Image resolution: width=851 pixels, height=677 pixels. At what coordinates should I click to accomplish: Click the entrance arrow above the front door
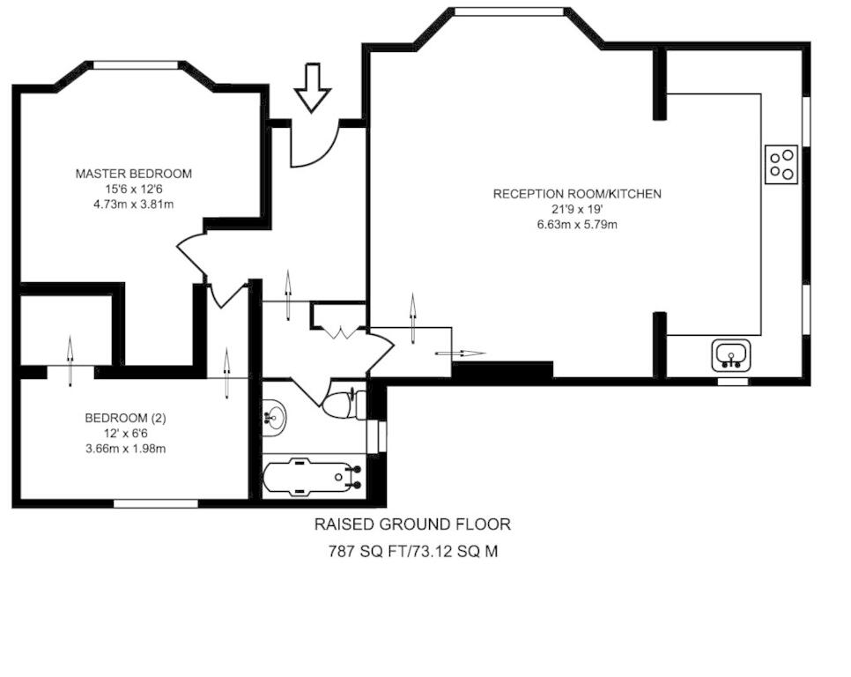pyautogui.click(x=312, y=87)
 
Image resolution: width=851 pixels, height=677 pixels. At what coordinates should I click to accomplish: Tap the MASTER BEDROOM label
pyautogui.click(x=134, y=174)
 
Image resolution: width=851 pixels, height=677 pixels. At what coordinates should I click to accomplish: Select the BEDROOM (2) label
pyautogui.click(x=125, y=418)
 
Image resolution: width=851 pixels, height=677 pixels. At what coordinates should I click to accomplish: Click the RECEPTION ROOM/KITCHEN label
pyautogui.click(x=577, y=194)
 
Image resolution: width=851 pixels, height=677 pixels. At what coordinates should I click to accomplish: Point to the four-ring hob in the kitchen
pyautogui.click(x=781, y=165)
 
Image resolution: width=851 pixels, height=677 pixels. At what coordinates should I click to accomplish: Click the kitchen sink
pyautogui.click(x=731, y=355)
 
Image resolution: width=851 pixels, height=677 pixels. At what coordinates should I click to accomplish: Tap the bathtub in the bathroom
pyautogui.click(x=313, y=477)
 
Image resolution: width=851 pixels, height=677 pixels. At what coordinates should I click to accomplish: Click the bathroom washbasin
pyautogui.click(x=275, y=418)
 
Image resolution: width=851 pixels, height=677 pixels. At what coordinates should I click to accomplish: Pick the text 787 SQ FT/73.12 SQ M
pyautogui.click(x=413, y=552)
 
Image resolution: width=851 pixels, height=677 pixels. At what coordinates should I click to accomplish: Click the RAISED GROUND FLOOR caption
pyautogui.click(x=412, y=524)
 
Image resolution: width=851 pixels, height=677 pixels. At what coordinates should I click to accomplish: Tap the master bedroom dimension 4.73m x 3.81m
pyautogui.click(x=134, y=205)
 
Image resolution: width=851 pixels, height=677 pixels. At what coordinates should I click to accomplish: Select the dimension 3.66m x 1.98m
pyautogui.click(x=125, y=449)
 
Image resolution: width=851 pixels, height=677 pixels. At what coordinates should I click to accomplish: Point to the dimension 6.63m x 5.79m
pyautogui.click(x=577, y=224)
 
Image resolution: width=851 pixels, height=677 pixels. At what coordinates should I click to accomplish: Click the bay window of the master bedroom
pyautogui.click(x=136, y=65)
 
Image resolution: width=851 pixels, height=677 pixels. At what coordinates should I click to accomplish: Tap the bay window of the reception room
pyautogui.click(x=509, y=11)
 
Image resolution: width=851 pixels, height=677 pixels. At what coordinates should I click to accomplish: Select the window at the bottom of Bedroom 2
pyautogui.click(x=156, y=503)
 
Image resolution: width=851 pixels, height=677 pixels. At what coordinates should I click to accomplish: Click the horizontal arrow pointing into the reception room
pyautogui.click(x=461, y=353)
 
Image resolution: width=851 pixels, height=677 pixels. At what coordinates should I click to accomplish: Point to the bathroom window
pyautogui.click(x=376, y=436)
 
